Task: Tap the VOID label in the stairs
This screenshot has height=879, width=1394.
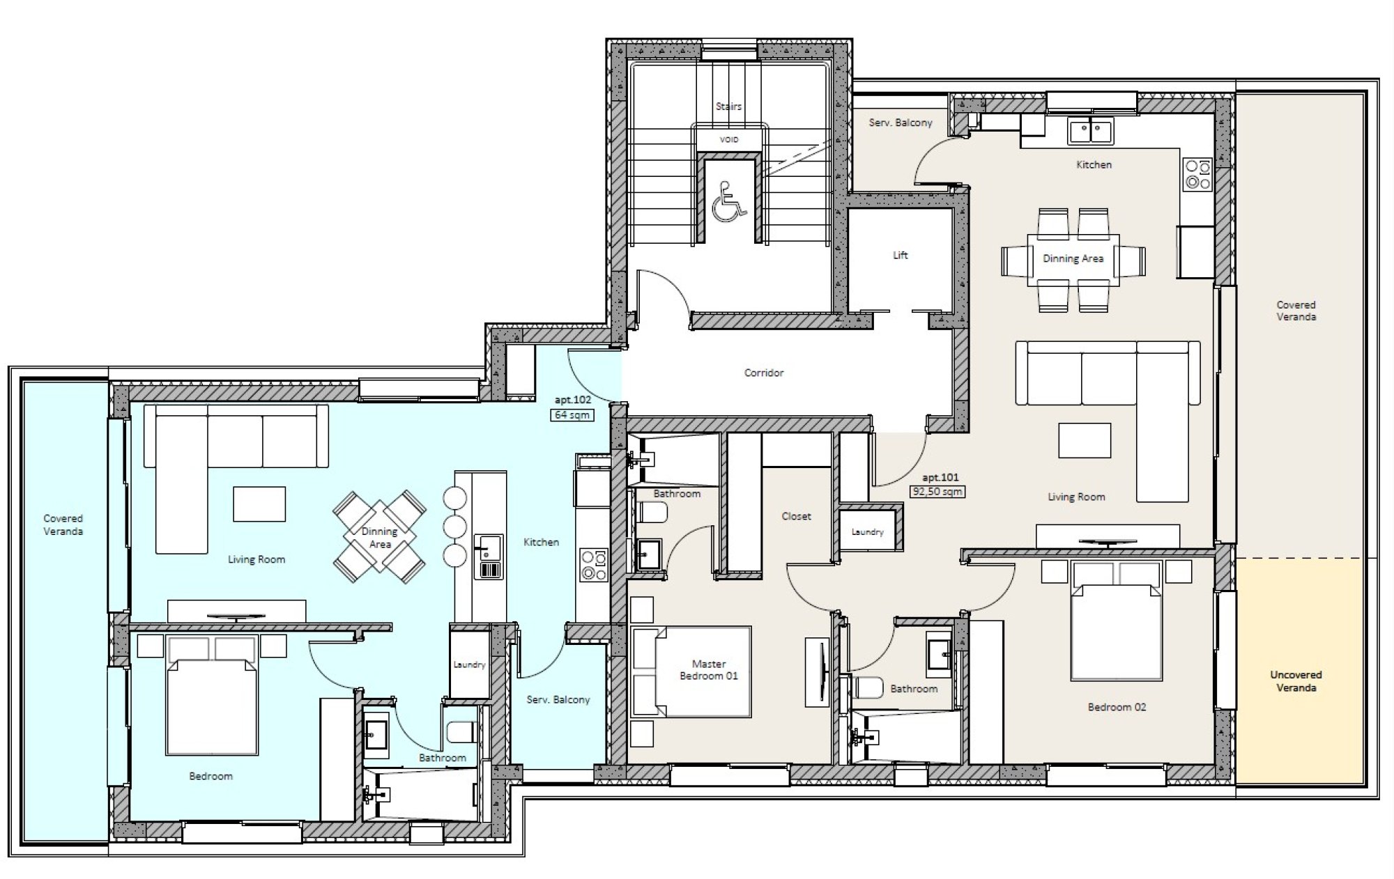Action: (x=729, y=140)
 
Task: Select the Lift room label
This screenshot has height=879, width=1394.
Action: (x=901, y=256)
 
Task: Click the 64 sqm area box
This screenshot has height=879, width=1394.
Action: (x=572, y=415)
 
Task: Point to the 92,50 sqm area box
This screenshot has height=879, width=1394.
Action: (x=938, y=491)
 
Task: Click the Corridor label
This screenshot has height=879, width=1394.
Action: (x=764, y=373)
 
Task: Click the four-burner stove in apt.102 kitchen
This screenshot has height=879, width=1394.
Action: (x=594, y=565)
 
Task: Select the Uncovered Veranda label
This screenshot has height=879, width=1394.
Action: (x=1296, y=681)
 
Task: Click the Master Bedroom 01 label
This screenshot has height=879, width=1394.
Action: (x=709, y=670)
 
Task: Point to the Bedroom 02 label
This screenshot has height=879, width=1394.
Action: (x=1117, y=707)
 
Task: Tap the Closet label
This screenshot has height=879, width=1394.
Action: (x=796, y=516)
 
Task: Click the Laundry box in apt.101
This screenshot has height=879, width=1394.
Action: (x=867, y=531)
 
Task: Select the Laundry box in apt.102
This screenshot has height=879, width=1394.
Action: (x=469, y=664)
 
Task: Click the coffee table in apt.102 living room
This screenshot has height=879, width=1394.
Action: (x=259, y=504)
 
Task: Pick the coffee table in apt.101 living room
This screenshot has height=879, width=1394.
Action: (x=1085, y=440)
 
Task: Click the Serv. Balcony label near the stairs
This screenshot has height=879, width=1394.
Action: (x=900, y=123)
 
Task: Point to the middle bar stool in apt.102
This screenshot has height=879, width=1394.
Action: (x=454, y=527)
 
